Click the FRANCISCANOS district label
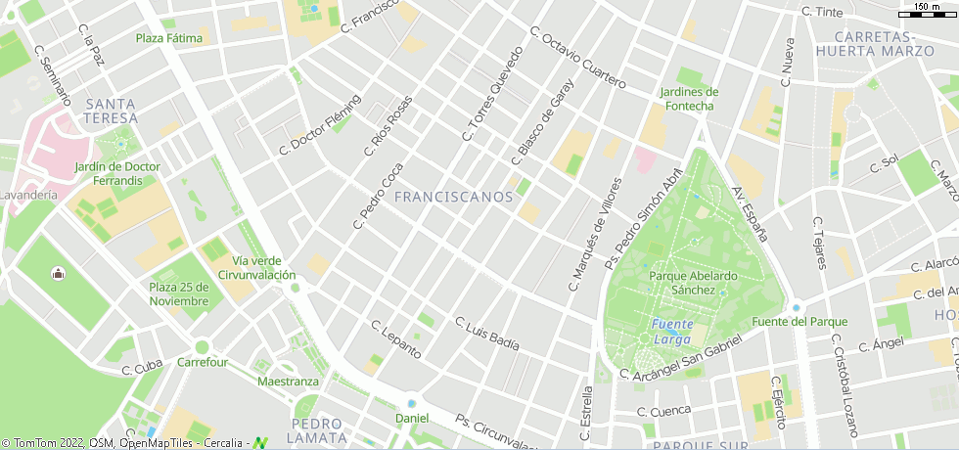(453, 197)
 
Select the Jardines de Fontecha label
(689, 99)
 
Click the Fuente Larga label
(672, 332)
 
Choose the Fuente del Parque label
(799, 321)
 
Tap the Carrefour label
(203, 362)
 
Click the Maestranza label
(288, 381)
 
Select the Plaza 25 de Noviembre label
(179, 293)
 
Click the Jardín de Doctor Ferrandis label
(117, 173)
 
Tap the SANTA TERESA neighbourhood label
(111, 111)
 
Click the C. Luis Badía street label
(486, 334)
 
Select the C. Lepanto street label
(396, 337)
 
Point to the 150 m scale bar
(927, 12)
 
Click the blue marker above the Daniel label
(412, 403)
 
